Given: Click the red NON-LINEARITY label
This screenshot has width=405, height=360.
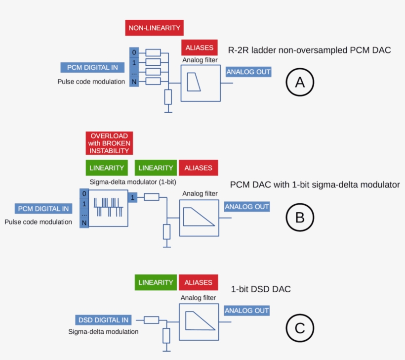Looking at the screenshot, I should coord(155,28).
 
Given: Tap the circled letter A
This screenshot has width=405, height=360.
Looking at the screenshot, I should coord(300,82).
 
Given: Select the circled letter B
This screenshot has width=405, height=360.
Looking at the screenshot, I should coord(300,217).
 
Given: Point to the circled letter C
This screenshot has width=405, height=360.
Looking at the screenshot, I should coord(300,328).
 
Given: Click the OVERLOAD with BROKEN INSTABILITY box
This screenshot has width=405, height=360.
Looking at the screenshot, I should coord(109,143).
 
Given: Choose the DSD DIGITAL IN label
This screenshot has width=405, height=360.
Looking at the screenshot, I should coord(104,320).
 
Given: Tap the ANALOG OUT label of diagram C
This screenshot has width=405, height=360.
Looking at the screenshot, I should coord(247,311).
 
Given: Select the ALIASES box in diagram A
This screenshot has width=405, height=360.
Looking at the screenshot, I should coord(200,47).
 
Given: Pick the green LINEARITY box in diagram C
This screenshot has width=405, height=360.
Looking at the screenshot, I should coord(156,282).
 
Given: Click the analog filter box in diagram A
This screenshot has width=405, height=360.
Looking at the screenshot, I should coord(201,83).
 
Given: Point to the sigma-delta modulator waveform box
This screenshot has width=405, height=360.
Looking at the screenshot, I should coord(107,208).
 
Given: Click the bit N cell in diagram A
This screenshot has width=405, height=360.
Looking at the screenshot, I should coord(134,82).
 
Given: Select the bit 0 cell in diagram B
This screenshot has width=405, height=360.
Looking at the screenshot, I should coord(84,193).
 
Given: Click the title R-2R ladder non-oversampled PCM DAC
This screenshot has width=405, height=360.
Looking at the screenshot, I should coord(309,50).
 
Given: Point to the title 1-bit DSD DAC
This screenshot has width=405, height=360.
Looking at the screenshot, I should coord(261,289).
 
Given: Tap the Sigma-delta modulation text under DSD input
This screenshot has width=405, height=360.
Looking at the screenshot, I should coord(103,331).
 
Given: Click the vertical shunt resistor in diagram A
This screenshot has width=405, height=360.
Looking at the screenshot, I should coord(168,97).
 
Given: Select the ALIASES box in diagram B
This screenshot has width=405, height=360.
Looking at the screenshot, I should coord(198,168).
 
